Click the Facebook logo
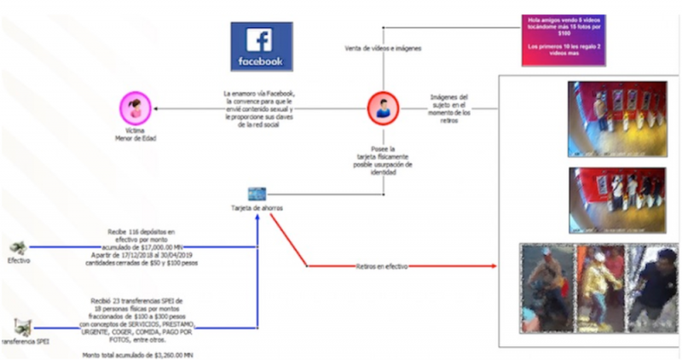[x=262, y=46]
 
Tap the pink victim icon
[x=136, y=107]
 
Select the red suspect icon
[x=383, y=107]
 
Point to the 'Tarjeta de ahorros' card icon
[x=257, y=194]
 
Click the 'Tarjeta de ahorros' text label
[x=257, y=209]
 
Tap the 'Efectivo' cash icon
[x=18, y=247]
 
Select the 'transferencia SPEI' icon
[x=22, y=325]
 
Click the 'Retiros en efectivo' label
[x=381, y=267]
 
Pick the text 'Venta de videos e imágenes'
[x=383, y=49]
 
